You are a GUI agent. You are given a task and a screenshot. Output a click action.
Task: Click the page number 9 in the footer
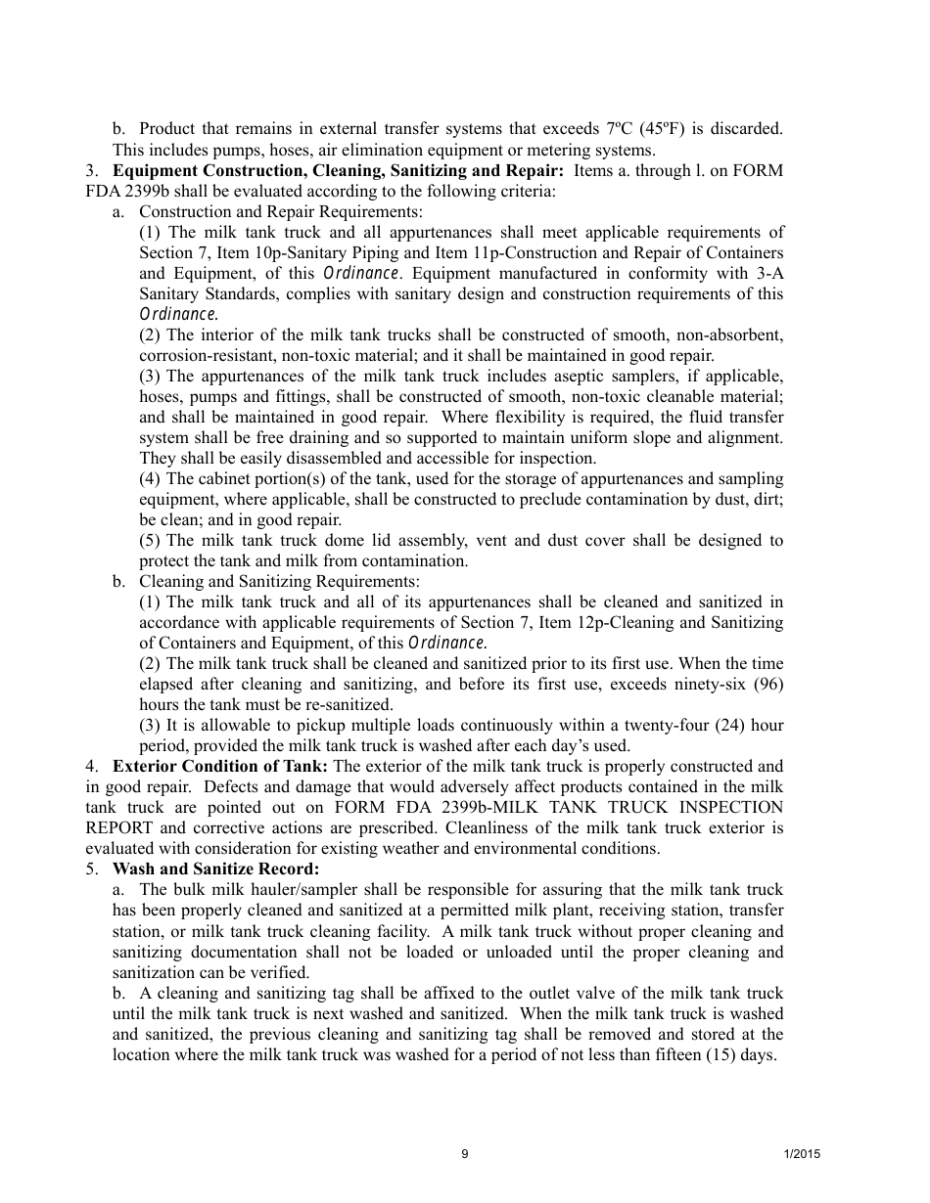(x=465, y=1154)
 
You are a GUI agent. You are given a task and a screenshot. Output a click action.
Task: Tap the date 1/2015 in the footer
(x=802, y=1154)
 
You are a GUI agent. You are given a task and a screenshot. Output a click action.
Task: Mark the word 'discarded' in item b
(x=748, y=129)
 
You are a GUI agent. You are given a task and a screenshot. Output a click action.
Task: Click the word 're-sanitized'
(x=349, y=704)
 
